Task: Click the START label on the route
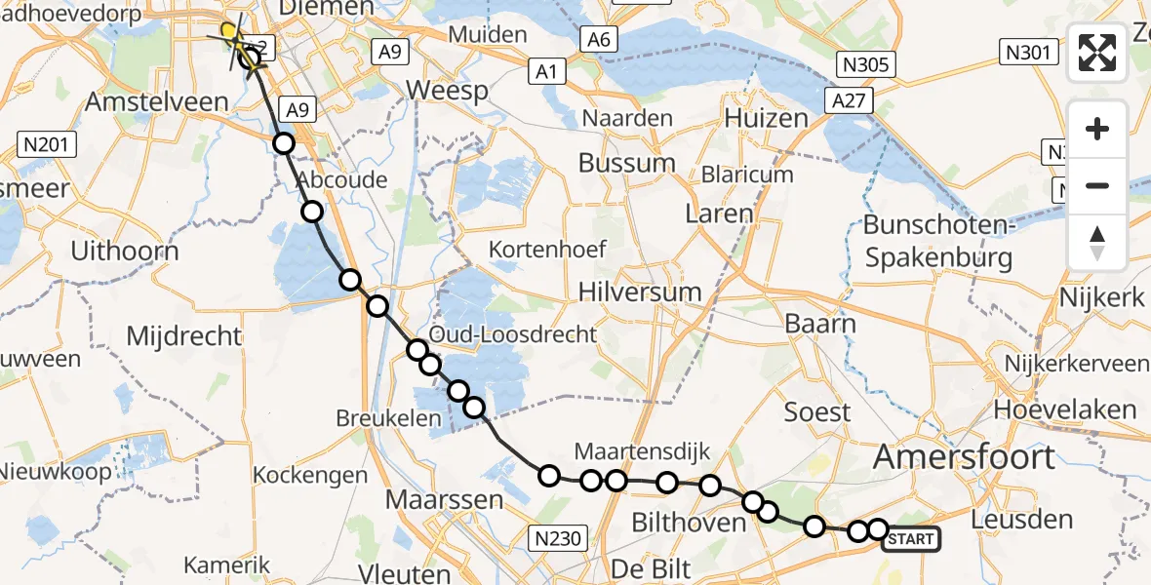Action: point(911,539)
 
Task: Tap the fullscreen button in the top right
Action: point(1097,53)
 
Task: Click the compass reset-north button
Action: point(1097,244)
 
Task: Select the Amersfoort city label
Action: point(964,456)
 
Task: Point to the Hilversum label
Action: point(640,292)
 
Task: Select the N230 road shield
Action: point(559,537)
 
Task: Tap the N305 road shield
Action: point(865,64)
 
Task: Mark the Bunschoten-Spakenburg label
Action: point(937,242)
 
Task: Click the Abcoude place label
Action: point(341,180)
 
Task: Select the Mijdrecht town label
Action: point(184,337)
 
